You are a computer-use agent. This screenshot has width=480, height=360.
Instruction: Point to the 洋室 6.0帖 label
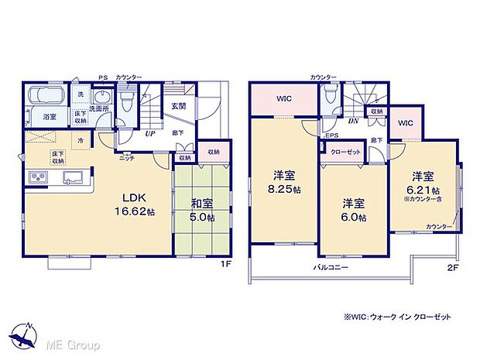coord(355,209)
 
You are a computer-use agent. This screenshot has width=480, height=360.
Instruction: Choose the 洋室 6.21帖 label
coord(426,180)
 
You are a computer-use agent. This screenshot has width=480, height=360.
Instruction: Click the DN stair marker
coord(353,122)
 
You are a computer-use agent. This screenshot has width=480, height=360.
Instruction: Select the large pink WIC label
coord(283,99)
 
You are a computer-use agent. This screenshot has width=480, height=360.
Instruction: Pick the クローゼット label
coord(345,152)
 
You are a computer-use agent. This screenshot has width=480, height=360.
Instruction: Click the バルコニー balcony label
coord(331,267)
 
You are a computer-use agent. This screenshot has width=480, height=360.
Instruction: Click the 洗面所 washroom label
coord(98,109)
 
